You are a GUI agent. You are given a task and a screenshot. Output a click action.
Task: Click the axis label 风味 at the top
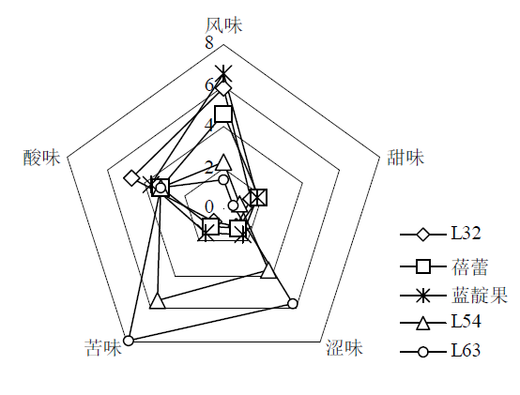[223, 25]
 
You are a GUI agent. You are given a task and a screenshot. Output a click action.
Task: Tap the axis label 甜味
[405, 157]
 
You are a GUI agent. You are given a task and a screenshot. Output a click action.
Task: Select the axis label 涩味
[344, 348]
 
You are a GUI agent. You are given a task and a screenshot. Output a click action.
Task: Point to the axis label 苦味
[103, 348]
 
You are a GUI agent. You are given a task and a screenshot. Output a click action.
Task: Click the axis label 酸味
[42, 158]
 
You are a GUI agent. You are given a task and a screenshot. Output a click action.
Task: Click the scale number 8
[209, 43]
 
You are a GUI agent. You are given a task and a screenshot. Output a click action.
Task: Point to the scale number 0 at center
[209, 207]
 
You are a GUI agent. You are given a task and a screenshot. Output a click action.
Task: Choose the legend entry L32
[466, 234]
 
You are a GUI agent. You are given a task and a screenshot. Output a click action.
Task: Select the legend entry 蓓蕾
[469, 266]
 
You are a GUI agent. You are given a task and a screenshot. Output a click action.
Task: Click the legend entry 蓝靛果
[480, 295]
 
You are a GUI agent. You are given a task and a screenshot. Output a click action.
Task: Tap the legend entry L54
[466, 321]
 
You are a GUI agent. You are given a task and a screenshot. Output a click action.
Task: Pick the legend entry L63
[466, 350]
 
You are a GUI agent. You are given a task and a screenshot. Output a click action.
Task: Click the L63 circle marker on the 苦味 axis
[129, 341]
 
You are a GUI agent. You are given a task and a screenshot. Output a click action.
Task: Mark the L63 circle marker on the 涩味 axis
[293, 303]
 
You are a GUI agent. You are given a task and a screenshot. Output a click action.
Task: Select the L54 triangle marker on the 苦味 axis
[157, 301]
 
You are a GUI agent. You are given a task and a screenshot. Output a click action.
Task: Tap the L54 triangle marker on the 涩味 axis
[268, 270]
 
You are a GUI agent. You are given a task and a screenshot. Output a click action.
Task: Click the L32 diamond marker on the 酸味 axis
[131, 178]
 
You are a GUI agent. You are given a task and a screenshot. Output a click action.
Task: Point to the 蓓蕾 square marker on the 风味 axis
[223, 114]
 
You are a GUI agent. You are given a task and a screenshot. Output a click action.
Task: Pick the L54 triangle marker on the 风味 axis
[223, 162]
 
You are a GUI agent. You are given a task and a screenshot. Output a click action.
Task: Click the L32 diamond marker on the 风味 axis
[223, 88]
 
